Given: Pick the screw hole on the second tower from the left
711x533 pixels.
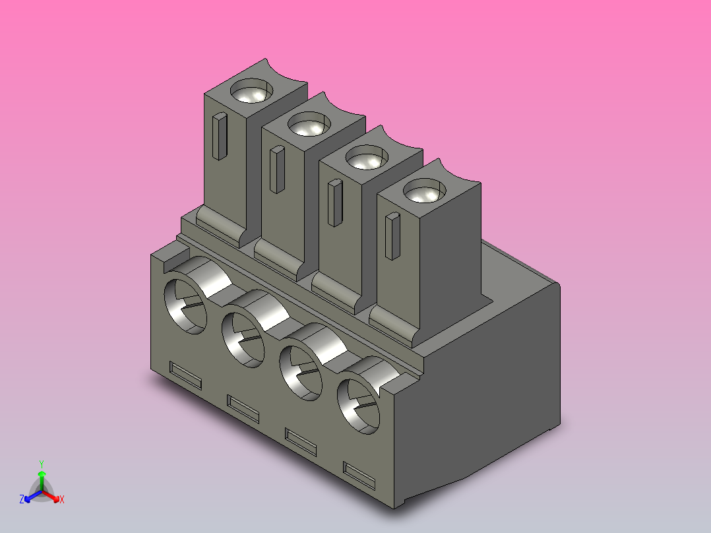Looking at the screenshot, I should click(x=309, y=125).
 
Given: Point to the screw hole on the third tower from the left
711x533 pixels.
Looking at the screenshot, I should click(x=365, y=158).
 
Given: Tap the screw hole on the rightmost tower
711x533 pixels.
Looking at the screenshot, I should click(x=422, y=192).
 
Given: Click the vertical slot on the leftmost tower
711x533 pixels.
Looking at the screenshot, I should click(x=220, y=137).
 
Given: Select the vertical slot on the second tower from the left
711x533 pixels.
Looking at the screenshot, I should click(x=277, y=170).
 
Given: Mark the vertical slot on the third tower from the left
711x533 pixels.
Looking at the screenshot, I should click(x=335, y=203).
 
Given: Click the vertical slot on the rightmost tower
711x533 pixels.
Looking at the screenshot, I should click(x=392, y=236).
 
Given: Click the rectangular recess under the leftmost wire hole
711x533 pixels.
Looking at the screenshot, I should click(x=185, y=374).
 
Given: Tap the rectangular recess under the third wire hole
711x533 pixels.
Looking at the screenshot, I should click(x=300, y=441).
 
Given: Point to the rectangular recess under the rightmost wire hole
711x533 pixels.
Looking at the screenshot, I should click(x=358, y=475).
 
